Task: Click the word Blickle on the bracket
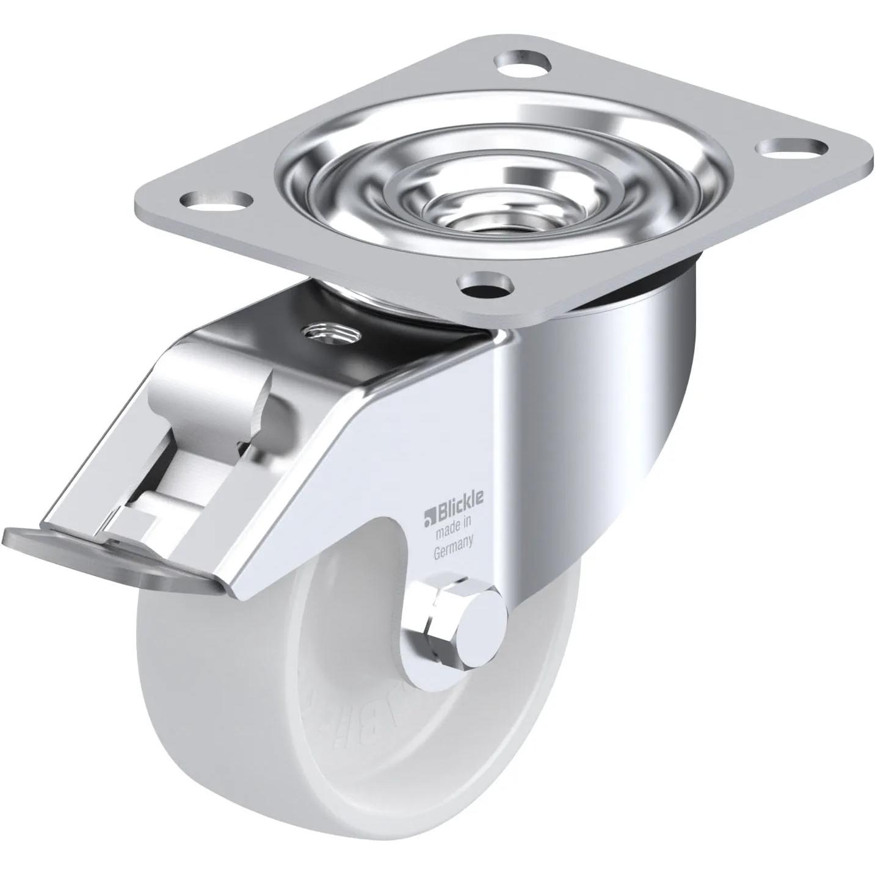(457, 499)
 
